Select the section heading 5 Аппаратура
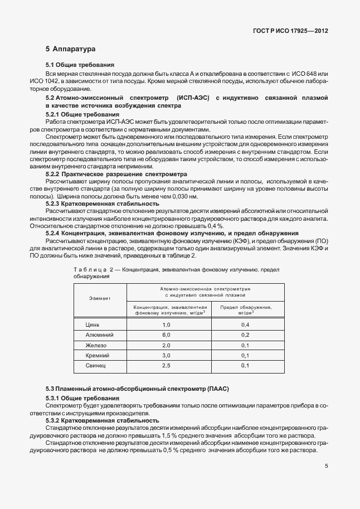pos(70,49)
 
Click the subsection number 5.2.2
pos(55,174)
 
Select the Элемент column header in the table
pos(100,298)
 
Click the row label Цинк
pos(92,324)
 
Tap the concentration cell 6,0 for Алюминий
pos(166,335)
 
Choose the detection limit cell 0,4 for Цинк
pos(245,324)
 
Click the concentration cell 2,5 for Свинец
pos(166,365)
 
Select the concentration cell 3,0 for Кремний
pos(166,355)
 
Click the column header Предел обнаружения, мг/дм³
pos(245,310)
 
